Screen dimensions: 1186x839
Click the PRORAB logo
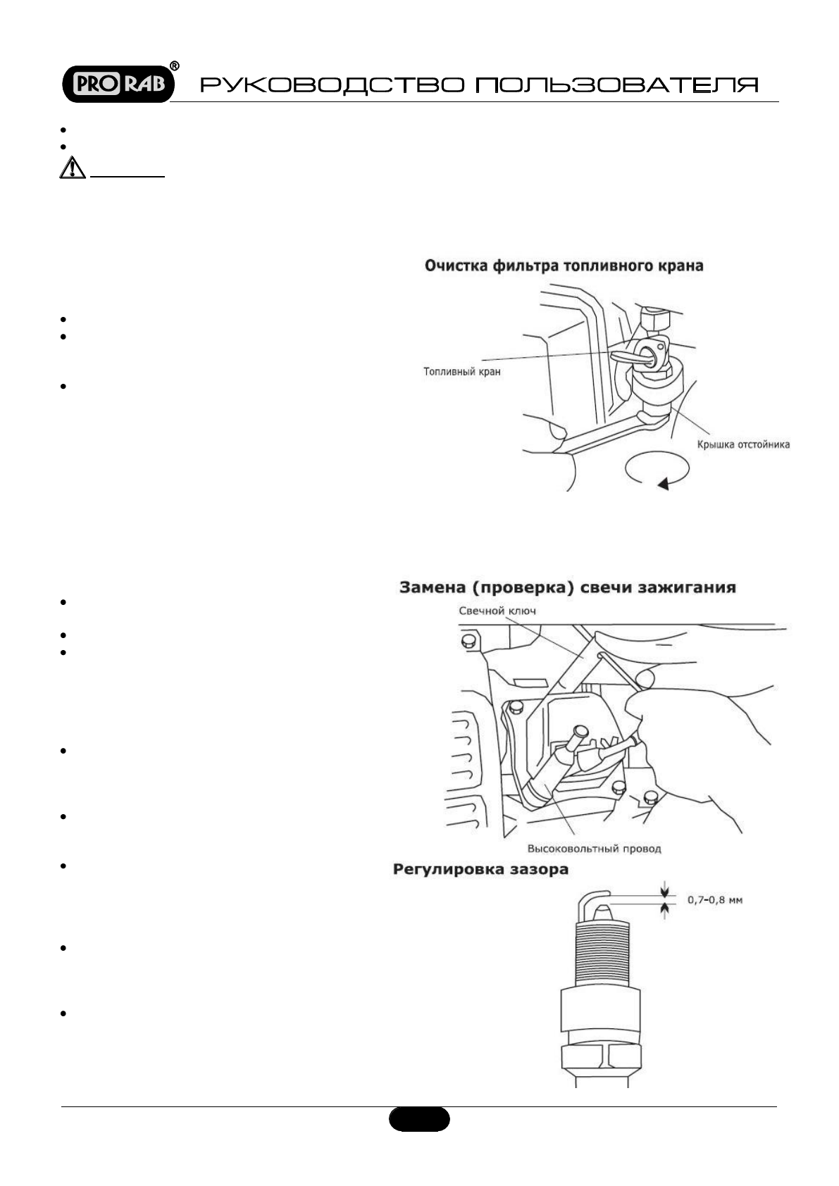pyautogui.click(x=117, y=85)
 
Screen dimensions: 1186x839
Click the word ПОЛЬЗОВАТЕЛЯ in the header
pyautogui.click(x=617, y=86)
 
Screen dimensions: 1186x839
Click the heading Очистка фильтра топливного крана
pyautogui.click(x=564, y=266)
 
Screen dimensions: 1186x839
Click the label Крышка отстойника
pyautogui.click(x=743, y=444)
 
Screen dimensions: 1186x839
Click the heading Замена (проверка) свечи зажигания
pyautogui.click(x=568, y=587)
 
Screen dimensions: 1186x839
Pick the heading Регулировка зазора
pyautogui.click(x=480, y=870)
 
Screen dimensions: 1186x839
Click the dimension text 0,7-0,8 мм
pyautogui.click(x=715, y=900)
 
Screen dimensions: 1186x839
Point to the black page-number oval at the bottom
pyautogui.click(x=418, y=1119)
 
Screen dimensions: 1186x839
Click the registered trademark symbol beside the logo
pyautogui.click(x=175, y=66)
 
